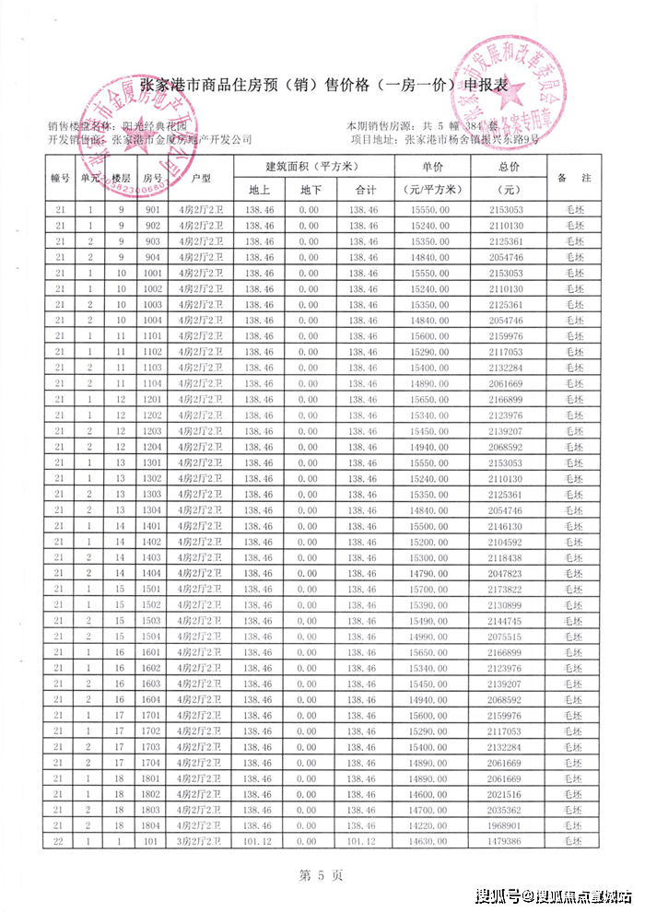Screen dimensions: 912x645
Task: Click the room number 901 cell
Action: (153, 211)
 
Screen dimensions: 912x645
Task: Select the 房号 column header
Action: (153, 178)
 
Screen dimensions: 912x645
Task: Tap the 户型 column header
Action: (201, 178)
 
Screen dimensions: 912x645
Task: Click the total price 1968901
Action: (510, 825)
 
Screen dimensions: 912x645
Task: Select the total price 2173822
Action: (510, 589)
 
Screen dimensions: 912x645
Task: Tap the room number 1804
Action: (153, 825)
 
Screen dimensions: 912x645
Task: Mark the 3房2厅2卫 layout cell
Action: (201, 841)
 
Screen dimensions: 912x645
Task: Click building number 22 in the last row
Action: (61, 841)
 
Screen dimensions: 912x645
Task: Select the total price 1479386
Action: (510, 841)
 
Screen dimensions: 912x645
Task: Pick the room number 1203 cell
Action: (153, 431)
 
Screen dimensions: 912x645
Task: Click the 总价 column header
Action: (510, 167)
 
